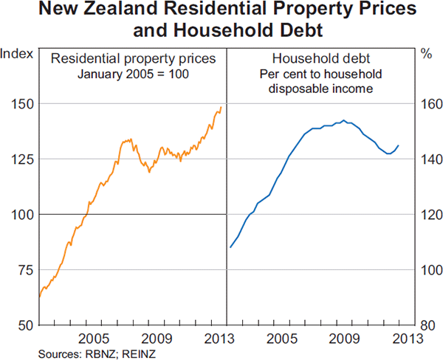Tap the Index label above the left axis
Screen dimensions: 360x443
pyautogui.click(x=16, y=52)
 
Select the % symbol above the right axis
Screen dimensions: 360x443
pyautogui.click(x=426, y=52)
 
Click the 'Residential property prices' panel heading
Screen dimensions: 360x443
pyautogui.click(x=133, y=58)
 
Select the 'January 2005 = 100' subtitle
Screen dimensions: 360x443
pyautogui.click(x=133, y=75)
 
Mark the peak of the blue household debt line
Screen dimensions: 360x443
pyautogui.click(x=343, y=120)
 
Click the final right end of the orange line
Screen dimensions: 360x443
pyautogui.click(x=220, y=107)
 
